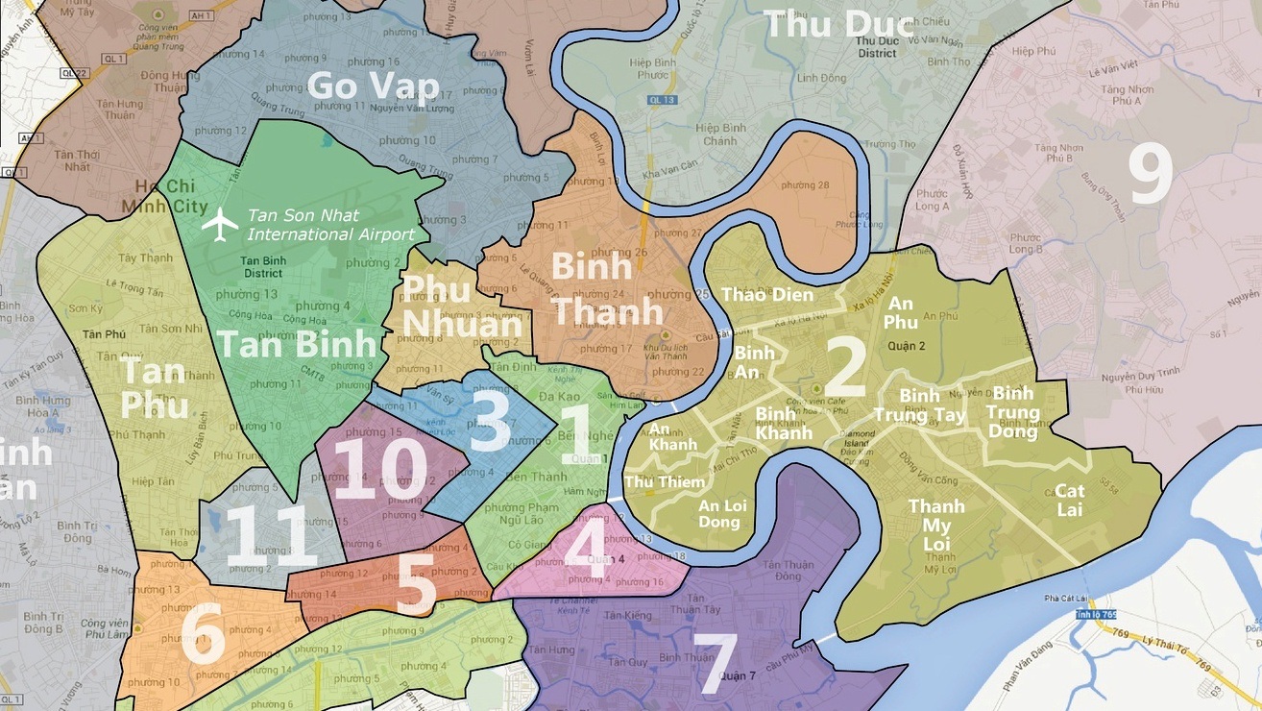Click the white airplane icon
[x=220, y=225]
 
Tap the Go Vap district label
[x=373, y=86]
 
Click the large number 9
[x=1150, y=176]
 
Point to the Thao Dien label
[x=766, y=295]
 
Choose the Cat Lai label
[x=1069, y=500]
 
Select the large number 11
[x=270, y=535]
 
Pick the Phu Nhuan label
[x=448, y=306]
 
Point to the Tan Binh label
[x=296, y=344]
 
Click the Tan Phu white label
[x=155, y=389]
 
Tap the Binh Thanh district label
[x=606, y=289]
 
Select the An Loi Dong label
[x=719, y=513]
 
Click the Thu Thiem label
[x=658, y=481]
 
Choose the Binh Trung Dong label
[x=1015, y=412]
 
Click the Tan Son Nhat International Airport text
[x=330, y=225]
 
